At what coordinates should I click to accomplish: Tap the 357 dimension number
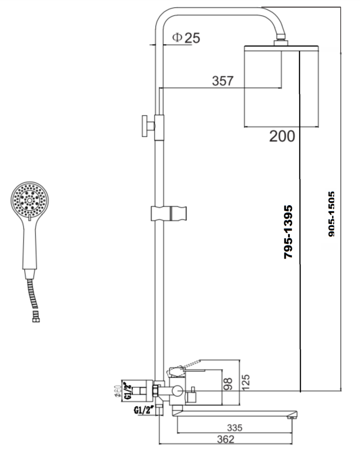point(223,81)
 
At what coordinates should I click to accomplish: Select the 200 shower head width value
point(282,135)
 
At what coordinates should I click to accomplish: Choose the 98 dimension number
point(228,383)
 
